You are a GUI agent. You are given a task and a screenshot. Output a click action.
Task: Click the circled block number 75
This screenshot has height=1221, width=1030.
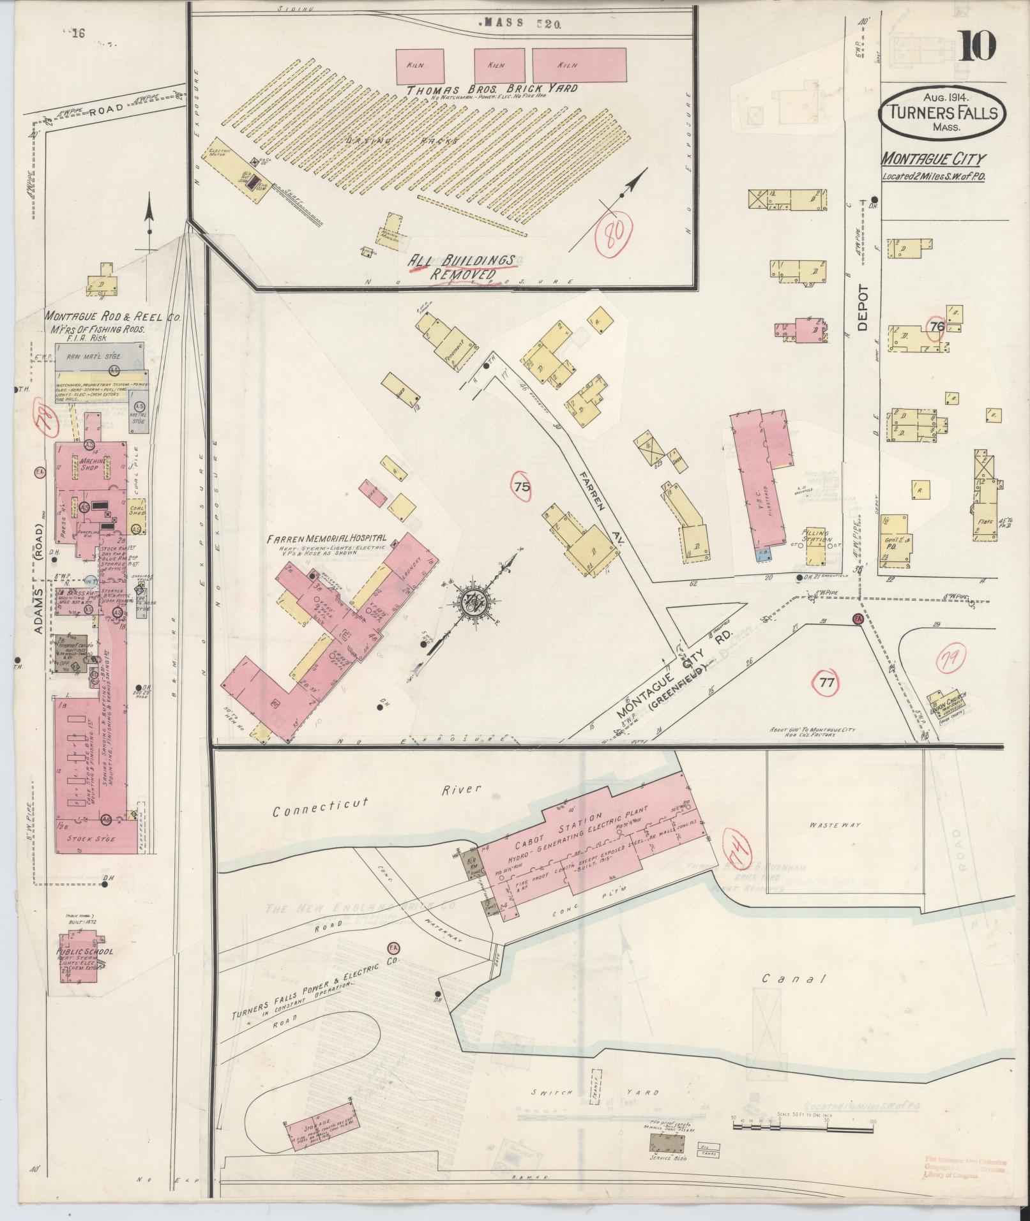coord(521,487)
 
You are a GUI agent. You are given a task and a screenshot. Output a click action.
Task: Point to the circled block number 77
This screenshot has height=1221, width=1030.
coord(827,682)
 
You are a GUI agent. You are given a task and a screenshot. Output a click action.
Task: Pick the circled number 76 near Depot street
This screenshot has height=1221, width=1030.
coord(937,327)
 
